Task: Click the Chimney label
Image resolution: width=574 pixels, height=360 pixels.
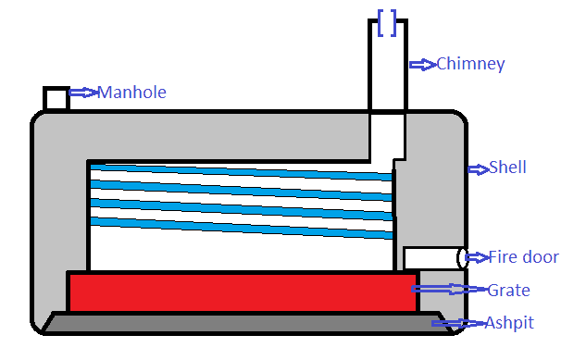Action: click(x=470, y=65)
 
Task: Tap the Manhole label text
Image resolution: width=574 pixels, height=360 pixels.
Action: click(x=131, y=93)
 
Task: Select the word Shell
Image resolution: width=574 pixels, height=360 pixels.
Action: click(x=507, y=168)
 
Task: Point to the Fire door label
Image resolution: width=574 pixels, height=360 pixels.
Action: click(x=524, y=257)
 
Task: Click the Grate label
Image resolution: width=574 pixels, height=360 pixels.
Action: click(x=509, y=291)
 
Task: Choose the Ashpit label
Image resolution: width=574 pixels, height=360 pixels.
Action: click(x=509, y=323)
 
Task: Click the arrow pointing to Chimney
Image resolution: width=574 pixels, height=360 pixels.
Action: click(x=423, y=65)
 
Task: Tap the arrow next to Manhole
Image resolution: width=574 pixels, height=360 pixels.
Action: click(x=84, y=93)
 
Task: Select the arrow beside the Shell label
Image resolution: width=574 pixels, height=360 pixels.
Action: click(x=479, y=169)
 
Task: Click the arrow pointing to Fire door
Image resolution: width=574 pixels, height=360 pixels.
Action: click(x=478, y=257)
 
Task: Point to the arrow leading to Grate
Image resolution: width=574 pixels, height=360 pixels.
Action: click(x=450, y=289)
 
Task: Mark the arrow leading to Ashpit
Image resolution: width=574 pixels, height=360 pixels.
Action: click(x=458, y=323)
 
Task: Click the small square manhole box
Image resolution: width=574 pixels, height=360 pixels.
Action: click(x=56, y=98)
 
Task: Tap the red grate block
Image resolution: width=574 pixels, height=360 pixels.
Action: click(x=243, y=292)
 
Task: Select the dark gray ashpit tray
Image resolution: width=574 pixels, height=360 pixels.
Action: click(x=245, y=323)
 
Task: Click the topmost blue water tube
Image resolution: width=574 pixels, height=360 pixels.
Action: click(x=242, y=172)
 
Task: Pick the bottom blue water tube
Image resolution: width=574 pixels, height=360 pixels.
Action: click(x=242, y=228)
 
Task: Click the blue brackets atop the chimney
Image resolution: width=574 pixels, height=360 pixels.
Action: click(x=387, y=23)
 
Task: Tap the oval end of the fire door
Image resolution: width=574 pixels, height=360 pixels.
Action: click(x=462, y=258)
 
